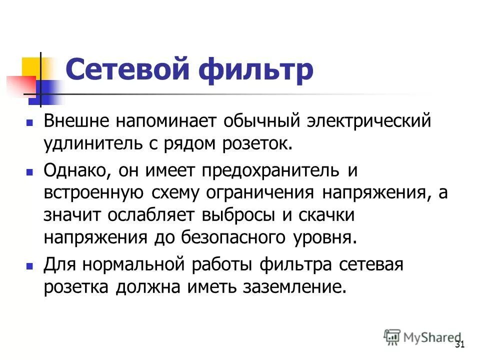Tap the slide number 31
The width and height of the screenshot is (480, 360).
[460, 345]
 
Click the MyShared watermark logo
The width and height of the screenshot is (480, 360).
[423, 337]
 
